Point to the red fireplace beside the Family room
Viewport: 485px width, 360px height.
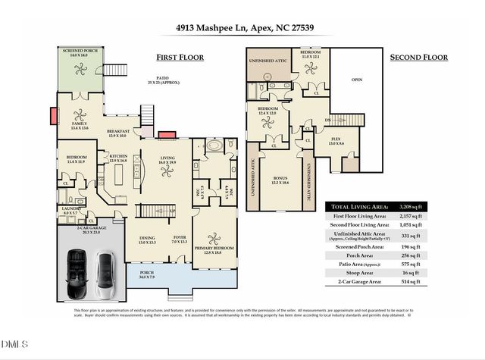52,116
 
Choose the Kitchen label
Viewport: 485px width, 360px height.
117,158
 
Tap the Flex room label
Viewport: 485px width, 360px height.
325,142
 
